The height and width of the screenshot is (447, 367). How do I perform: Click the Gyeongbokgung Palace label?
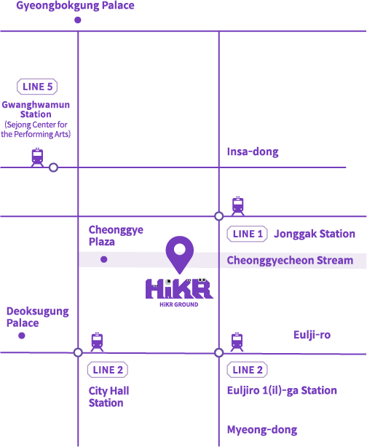click(75, 6)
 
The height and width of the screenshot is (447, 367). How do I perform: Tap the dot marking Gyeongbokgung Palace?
click(78, 20)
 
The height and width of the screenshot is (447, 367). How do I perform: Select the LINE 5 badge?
click(37, 87)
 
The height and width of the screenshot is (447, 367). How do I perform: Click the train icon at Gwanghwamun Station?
click(37, 157)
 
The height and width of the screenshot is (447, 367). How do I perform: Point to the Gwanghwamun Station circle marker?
click(53, 167)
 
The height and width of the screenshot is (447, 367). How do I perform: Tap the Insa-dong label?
click(253, 151)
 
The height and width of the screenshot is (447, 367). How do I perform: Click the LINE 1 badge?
click(248, 234)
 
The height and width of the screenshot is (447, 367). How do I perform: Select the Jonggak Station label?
click(315, 234)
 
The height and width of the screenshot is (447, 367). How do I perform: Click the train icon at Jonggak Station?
click(238, 206)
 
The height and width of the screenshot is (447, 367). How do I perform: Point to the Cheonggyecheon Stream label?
click(290, 261)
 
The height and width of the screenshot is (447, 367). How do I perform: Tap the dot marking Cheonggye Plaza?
click(104, 259)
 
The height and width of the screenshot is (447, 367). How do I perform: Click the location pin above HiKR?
click(180, 255)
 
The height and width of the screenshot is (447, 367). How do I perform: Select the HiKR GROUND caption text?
click(179, 304)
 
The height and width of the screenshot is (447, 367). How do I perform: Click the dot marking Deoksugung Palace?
click(22, 336)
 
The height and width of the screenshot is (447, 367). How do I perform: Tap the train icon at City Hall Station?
click(97, 342)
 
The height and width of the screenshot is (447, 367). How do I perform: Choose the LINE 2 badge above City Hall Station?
click(108, 370)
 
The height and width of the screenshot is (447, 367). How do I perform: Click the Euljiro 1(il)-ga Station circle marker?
click(218, 352)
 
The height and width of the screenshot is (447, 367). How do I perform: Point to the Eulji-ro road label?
click(312, 335)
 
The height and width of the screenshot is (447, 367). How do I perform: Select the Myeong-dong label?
click(262, 430)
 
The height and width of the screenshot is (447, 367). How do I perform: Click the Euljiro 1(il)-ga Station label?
click(282, 390)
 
